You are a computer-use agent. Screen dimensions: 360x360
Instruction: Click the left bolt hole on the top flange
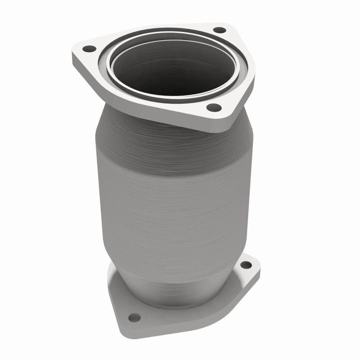90,49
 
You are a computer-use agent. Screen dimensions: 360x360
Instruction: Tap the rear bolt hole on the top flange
219,30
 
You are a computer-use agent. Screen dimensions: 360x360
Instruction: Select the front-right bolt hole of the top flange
214,108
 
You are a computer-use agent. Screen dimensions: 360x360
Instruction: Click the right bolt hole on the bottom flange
246,265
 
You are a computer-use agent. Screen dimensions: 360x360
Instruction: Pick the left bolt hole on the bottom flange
134,318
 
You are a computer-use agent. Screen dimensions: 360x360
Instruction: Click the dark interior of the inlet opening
175,67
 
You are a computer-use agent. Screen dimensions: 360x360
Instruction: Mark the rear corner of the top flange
225,25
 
